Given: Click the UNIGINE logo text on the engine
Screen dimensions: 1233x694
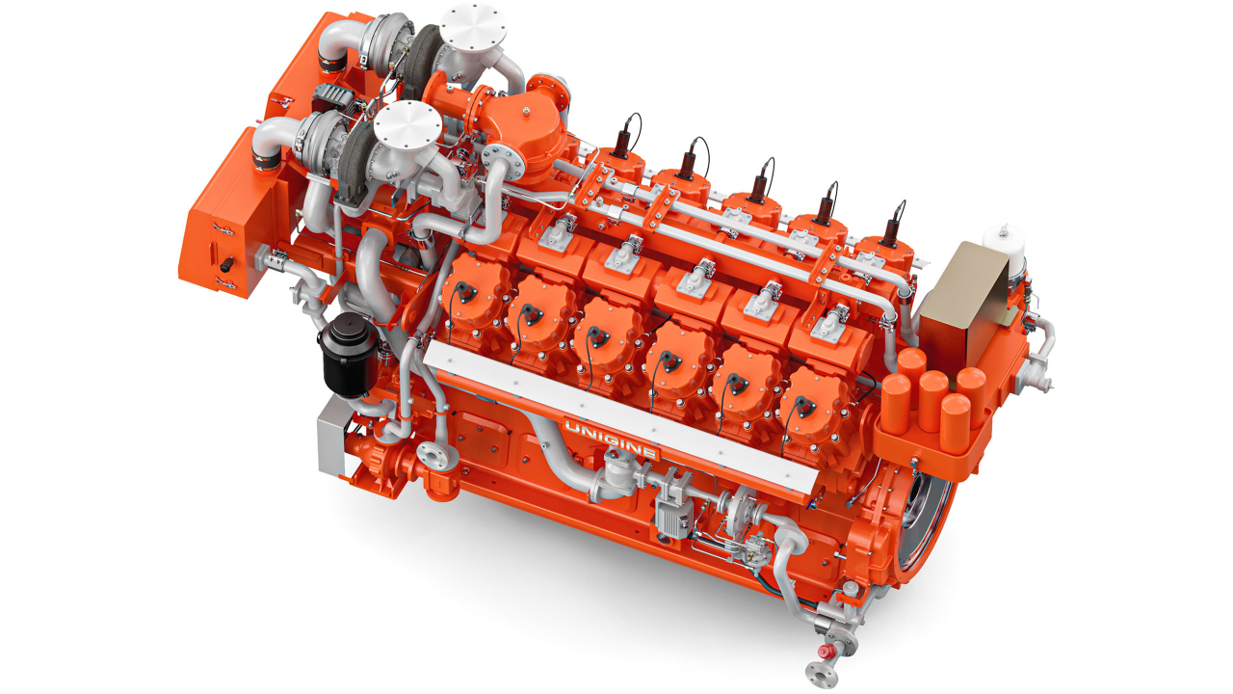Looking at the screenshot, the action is point(611,440).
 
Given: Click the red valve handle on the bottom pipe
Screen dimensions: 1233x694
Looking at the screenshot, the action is point(825,652).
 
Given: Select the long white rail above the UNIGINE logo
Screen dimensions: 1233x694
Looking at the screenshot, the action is point(617,417).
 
